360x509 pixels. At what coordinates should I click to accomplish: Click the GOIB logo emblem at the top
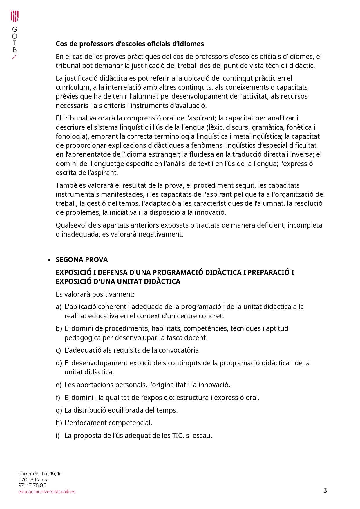click(x=15, y=17)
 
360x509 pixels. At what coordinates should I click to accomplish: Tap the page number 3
click(x=325, y=490)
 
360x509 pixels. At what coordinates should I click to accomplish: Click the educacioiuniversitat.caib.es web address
click(x=47, y=492)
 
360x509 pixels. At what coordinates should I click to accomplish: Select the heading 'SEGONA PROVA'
click(x=82, y=260)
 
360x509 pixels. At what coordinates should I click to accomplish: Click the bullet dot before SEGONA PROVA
click(x=49, y=260)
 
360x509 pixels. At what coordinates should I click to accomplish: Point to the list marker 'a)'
click(x=59, y=307)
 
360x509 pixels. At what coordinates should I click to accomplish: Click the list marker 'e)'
click(x=59, y=385)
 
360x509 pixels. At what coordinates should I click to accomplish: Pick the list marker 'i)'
click(x=58, y=436)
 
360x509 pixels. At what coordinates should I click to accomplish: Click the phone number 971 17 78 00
click(x=32, y=485)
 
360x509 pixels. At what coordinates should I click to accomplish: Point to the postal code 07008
click(x=26, y=480)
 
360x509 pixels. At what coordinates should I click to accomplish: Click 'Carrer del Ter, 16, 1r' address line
click(x=39, y=474)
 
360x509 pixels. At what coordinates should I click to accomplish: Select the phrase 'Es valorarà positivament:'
click(x=95, y=294)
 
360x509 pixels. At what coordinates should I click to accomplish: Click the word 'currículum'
click(x=73, y=87)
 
